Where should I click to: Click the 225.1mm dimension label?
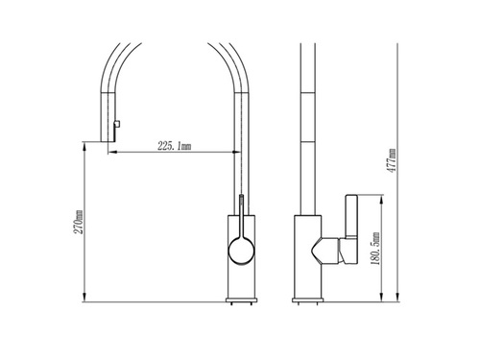(x=175, y=146)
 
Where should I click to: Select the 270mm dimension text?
(x=79, y=222)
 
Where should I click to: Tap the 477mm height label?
(x=392, y=160)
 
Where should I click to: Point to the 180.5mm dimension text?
(x=375, y=249)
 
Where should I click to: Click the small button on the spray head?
(x=117, y=124)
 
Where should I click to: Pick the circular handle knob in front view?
(x=241, y=251)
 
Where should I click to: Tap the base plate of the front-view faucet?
(x=241, y=300)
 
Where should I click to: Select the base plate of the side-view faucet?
(x=307, y=300)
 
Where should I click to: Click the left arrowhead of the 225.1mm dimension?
(x=111, y=153)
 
